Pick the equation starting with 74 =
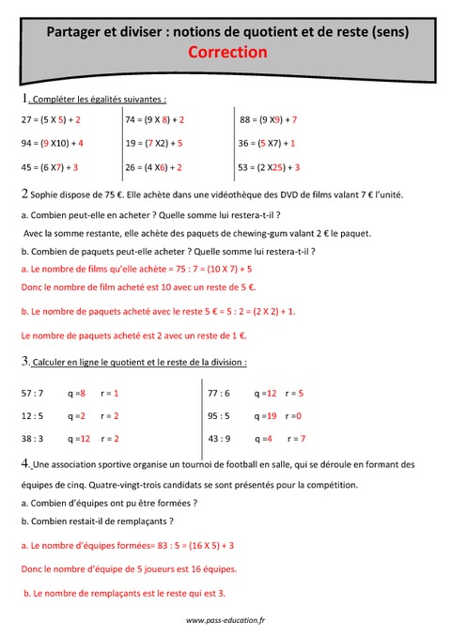(x=154, y=120)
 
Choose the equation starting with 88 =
(x=269, y=120)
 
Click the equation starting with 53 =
(x=269, y=167)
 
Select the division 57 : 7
(x=32, y=393)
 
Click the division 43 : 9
(x=219, y=438)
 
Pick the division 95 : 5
(x=219, y=415)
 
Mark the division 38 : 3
(x=32, y=438)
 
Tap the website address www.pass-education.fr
(x=225, y=620)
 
